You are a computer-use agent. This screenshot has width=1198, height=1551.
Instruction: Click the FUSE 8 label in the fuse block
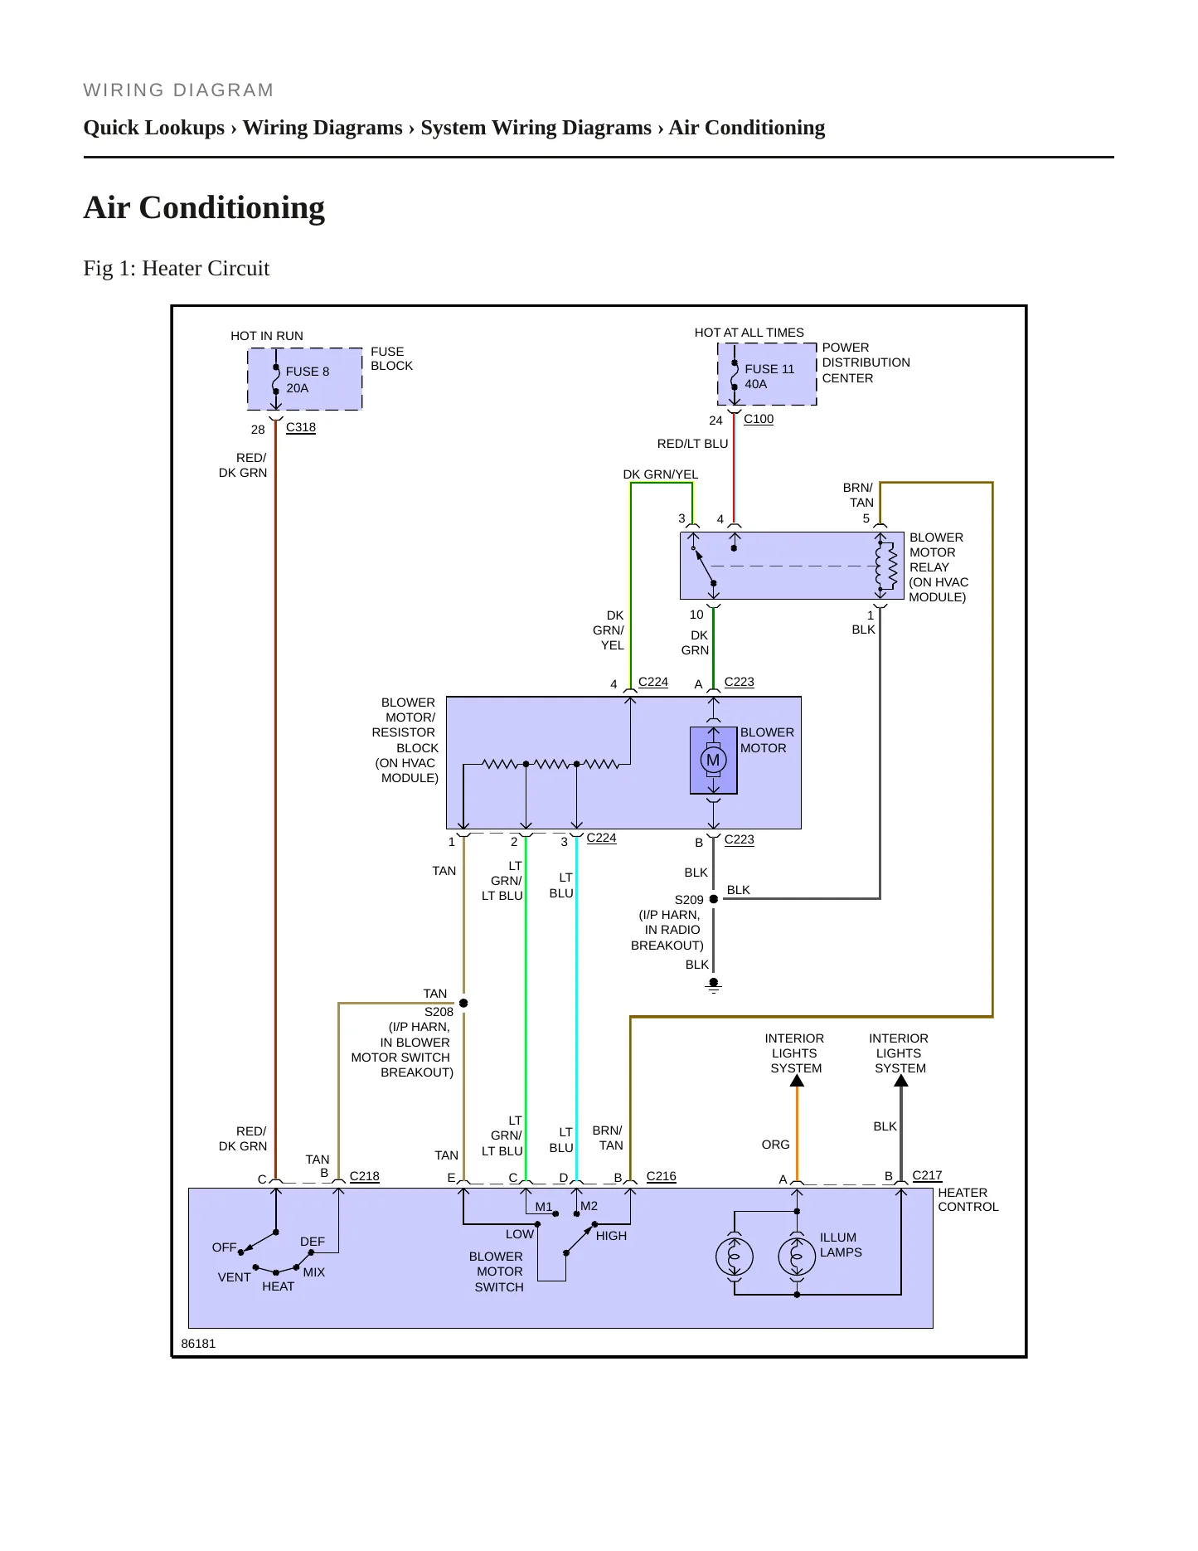click(308, 372)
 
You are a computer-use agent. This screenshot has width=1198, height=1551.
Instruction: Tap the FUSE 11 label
click(769, 369)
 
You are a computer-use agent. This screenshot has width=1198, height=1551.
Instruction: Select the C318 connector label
click(301, 427)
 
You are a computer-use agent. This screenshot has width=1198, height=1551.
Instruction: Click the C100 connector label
click(759, 419)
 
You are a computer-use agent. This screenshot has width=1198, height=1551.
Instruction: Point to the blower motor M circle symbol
click(713, 760)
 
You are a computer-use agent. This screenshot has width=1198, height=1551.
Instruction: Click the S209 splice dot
click(714, 899)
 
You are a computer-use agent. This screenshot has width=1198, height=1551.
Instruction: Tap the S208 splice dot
click(463, 1004)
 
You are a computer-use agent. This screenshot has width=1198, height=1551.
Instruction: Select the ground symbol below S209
click(713, 987)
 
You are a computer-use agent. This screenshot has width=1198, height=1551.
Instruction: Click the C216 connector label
click(662, 1176)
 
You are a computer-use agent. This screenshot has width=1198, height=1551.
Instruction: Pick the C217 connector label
click(928, 1175)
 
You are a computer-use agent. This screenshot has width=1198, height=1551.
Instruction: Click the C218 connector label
click(365, 1176)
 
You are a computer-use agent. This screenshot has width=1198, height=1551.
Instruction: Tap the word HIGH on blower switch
click(612, 1236)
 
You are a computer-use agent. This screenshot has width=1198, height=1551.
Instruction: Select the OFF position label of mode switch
click(224, 1247)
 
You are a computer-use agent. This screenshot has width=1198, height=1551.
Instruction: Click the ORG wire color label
click(776, 1145)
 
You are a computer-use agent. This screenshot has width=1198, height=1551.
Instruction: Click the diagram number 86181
click(198, 1344)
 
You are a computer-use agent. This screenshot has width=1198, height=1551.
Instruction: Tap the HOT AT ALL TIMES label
click(749, 333)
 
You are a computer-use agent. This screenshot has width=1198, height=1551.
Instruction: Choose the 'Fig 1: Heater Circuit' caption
click(177, 269)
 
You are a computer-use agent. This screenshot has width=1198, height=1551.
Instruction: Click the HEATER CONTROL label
click(968, 1200)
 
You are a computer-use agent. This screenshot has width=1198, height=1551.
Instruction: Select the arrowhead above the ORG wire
click(797, 1081)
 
